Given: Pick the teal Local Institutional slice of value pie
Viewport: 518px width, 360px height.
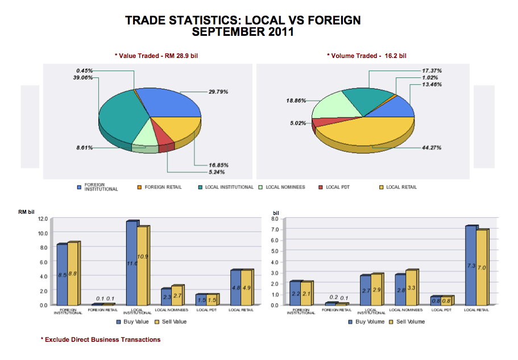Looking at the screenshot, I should (119, 117).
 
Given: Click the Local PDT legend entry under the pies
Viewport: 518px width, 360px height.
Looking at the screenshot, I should (333, 187).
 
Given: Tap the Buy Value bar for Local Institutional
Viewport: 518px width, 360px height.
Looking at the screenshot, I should (132, 263).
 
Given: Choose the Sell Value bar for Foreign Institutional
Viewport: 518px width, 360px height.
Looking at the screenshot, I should (73, 274).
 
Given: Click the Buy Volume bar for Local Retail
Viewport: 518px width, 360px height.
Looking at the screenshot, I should (471, 265).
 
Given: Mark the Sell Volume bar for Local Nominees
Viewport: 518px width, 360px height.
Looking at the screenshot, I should (412, 287).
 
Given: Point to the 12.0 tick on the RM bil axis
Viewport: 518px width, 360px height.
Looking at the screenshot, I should (42, 219).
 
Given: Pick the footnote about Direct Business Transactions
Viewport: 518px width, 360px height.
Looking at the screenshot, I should (101, 340).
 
